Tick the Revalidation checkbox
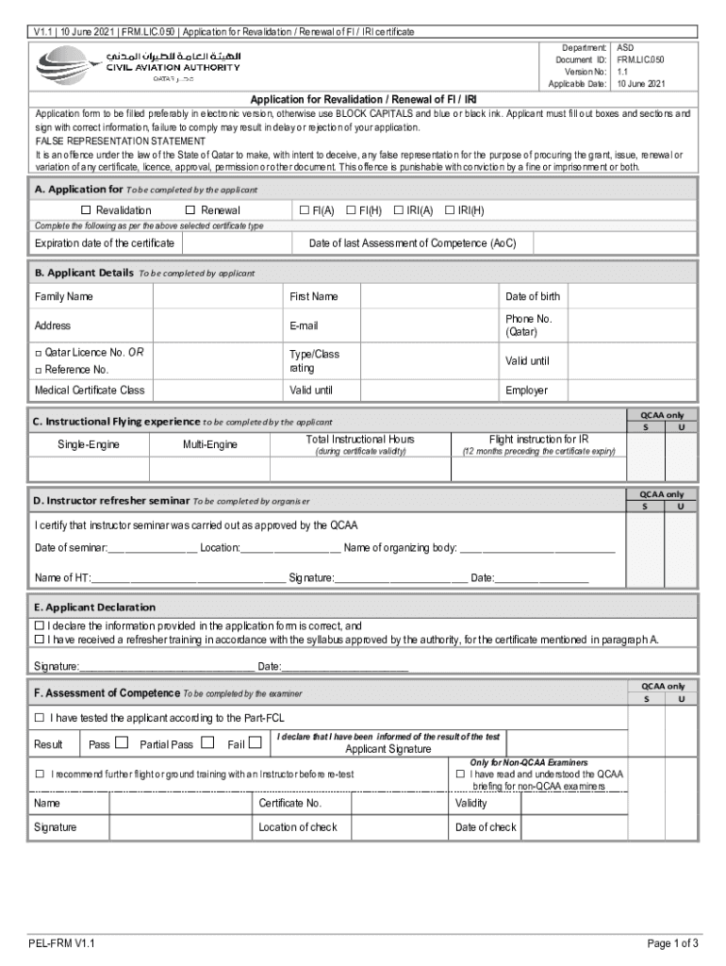[x=86, y=210]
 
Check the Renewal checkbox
[x=190, y=210]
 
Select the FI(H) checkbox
[x=351, y=210]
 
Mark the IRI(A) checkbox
[x=398, y=210]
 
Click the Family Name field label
[x=64, y=297]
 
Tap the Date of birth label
[x=532, y=297]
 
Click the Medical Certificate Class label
[x=90, y=391]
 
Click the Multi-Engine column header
[x=209, y=444]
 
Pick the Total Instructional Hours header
[x=360, y=440]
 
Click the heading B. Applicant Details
[x=84, y=273]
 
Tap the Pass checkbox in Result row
[x=121, y=743]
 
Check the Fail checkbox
[x=255, y=743]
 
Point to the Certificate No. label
[x=290, y=804]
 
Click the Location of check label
[x=298, y=827]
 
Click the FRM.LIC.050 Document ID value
[x=641, y=58]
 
